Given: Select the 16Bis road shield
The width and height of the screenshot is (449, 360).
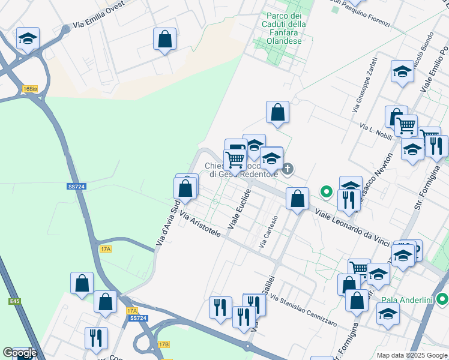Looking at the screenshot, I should (29, 89).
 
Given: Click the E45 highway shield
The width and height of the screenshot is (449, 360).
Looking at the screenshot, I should (14, 301).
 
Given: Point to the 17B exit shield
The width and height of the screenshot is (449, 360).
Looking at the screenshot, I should (163, 344).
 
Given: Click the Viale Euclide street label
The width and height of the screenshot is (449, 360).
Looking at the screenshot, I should (239, 208).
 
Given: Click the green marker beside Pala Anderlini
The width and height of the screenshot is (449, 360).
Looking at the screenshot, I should (443, 298).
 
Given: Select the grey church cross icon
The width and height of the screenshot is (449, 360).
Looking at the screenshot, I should (288, 169).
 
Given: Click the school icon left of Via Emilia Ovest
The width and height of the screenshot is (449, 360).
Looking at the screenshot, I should (28, 39).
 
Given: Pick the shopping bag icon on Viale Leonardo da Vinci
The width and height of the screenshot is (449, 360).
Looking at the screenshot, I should (297, 198).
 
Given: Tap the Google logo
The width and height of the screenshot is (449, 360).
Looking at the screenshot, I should (19, 353).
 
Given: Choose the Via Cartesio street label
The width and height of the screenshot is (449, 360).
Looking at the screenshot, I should (268, 232).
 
